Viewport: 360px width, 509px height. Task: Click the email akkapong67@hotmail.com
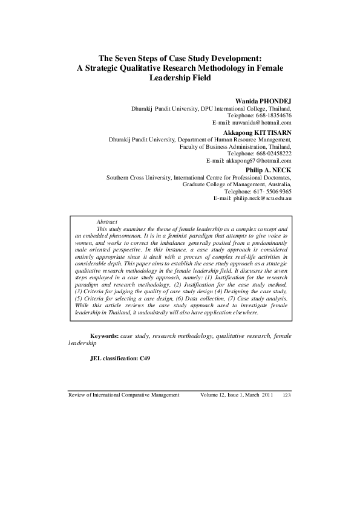point(258,161)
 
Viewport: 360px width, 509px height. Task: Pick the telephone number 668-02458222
point(270,154)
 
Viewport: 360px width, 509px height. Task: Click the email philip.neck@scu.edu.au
point(257,198)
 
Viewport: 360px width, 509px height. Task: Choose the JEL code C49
point(145,358)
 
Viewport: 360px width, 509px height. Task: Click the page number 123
point(287,395)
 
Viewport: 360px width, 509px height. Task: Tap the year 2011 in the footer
point(269,395)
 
